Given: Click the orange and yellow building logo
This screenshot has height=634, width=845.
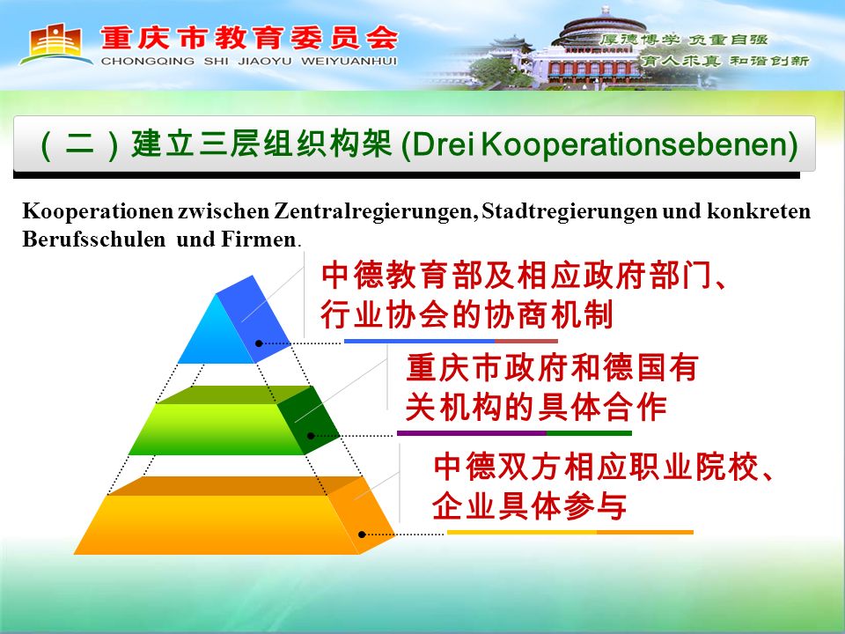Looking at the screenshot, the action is coord(54,43).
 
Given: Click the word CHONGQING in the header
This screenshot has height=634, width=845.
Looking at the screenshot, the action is coord(148,62).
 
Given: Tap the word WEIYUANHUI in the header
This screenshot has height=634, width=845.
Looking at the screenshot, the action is coord(349,62).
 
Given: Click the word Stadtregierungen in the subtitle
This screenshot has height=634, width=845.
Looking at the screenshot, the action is coord(569,211).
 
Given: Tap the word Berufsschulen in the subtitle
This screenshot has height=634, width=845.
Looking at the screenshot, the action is coord(94,239).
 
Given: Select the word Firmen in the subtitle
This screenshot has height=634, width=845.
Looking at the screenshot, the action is coord(259,239).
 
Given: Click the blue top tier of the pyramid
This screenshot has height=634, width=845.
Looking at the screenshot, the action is coord(234,321).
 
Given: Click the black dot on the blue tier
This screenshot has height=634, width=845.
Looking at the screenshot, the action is coord(259,343).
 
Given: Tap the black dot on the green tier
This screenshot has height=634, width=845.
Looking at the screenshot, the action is coord(311,436).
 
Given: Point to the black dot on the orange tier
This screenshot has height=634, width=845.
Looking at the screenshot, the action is coord(362,534).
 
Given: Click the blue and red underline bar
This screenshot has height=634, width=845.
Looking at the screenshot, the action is coord(451,342).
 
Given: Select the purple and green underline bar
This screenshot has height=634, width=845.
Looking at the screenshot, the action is coord(514,433).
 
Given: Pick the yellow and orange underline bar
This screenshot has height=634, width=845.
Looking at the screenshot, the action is coord(570,533).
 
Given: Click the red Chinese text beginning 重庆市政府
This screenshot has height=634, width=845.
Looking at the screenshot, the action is coord(551,387).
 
